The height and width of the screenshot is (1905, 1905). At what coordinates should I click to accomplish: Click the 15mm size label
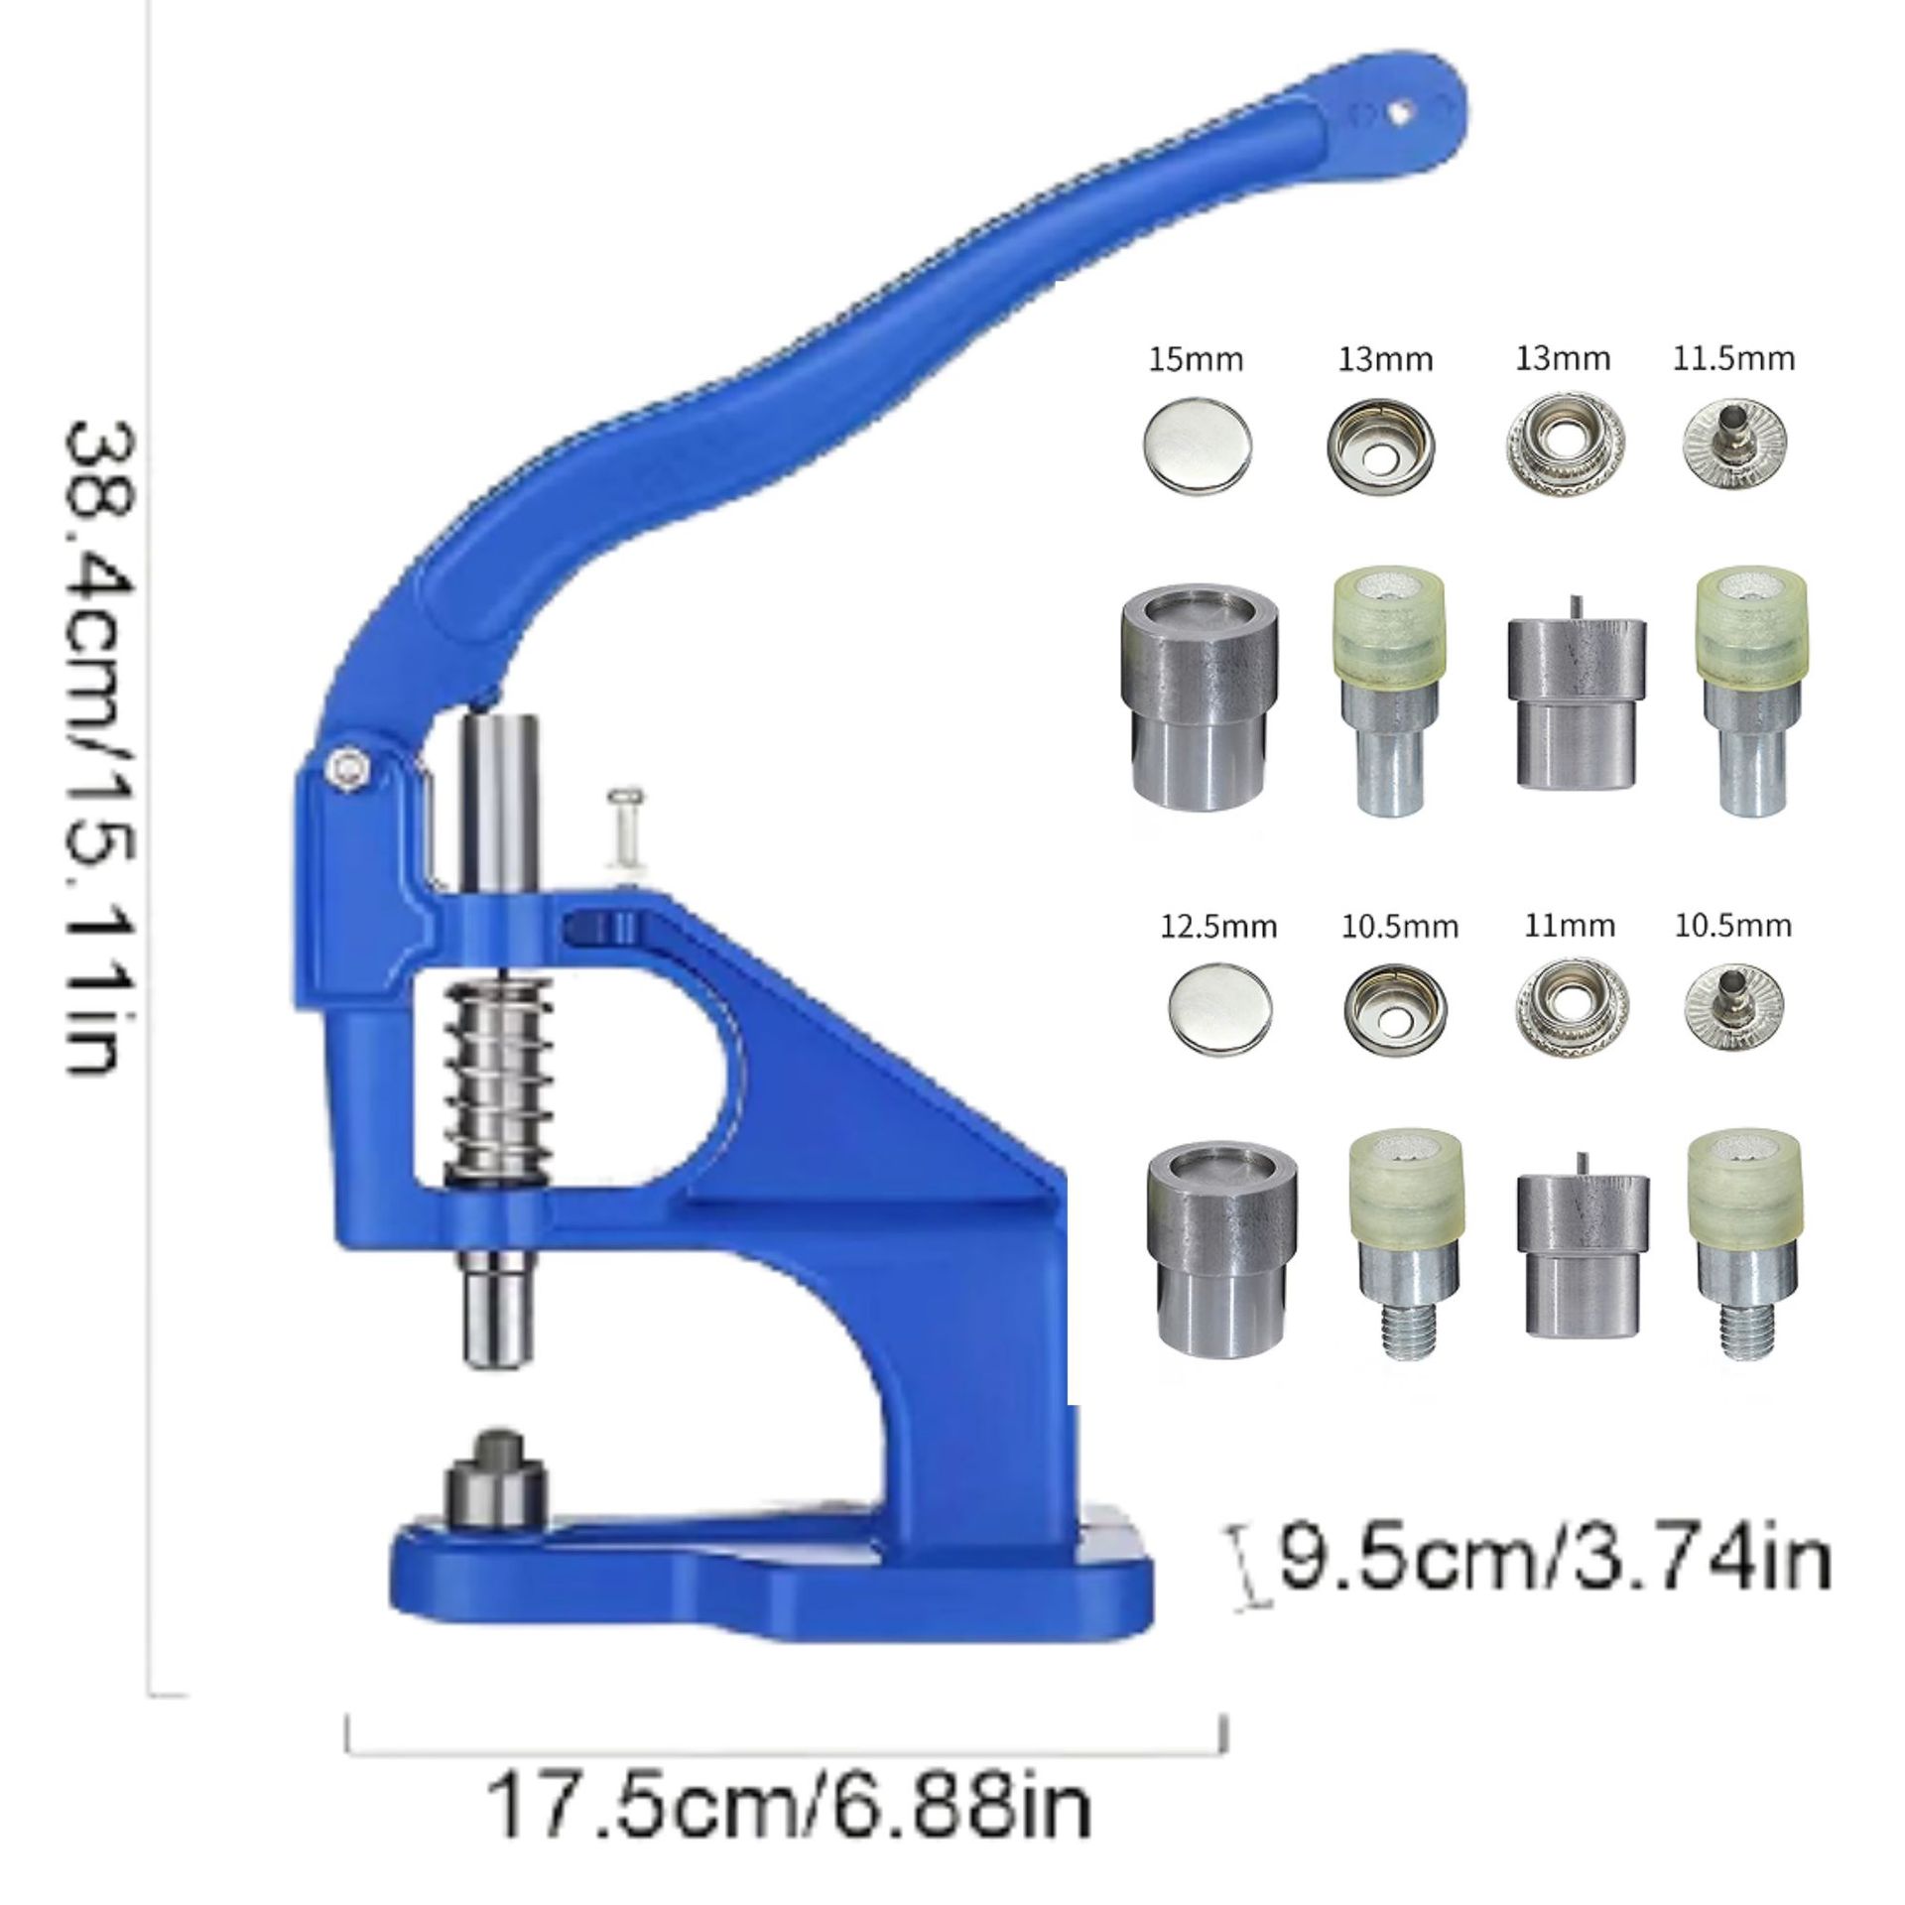[1196, 359]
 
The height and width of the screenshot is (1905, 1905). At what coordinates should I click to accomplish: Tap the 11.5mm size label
[1733, 358]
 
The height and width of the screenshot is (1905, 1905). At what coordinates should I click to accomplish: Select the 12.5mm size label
[1219, 927]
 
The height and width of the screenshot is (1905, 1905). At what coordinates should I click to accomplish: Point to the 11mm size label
[1569, 927]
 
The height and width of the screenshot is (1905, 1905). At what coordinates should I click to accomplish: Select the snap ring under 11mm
[1570, 1009]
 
